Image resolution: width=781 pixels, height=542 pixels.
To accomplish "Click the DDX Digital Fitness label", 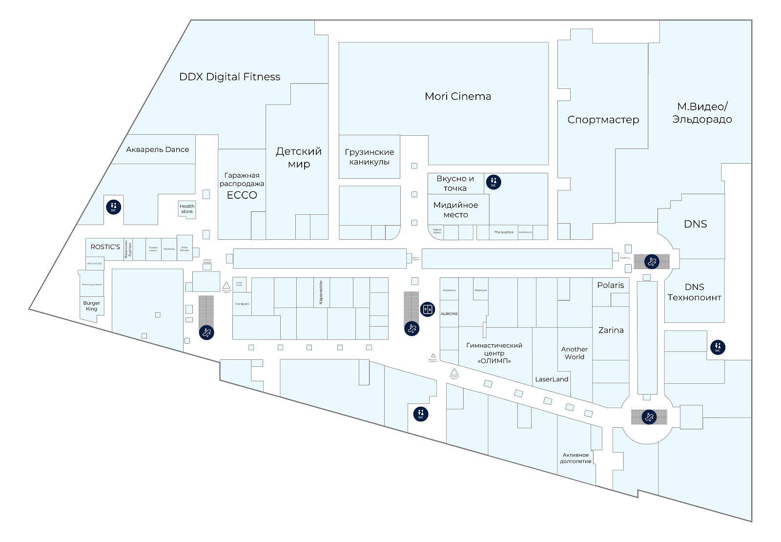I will (229, 77).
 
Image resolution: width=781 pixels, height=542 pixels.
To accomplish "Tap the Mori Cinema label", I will (458, 96).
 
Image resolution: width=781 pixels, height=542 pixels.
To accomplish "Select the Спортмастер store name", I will (603, 120).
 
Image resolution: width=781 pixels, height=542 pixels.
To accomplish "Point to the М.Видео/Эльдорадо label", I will (702, 113).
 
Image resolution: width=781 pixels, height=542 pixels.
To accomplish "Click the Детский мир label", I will (299, 157).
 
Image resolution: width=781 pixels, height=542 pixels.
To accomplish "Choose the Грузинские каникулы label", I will (369, 157).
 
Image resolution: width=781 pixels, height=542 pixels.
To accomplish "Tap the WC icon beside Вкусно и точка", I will (493, 182).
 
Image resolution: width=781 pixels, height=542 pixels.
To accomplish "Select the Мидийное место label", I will (455, 209).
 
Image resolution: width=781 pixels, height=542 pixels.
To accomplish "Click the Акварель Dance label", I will (157, 149).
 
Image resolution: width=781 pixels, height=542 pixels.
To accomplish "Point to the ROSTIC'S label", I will (105, 247).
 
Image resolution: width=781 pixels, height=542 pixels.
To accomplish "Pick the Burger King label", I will (91, 306).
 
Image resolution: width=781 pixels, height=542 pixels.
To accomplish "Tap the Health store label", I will (187, 209).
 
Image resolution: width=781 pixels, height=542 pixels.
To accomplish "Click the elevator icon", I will (428, 309).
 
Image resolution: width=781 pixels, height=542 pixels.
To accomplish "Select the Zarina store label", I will (611, 330).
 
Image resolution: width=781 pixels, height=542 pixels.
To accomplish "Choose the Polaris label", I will (610, 285).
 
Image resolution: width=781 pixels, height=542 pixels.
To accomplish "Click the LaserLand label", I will (552, 379).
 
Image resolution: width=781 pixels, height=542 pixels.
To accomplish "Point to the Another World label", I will (574, 353).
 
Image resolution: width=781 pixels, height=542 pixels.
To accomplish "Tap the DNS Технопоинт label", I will (694, 292).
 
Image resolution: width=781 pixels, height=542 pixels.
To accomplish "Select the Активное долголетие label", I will (575, 458).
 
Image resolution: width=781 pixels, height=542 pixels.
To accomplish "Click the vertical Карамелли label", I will (321, 292).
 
